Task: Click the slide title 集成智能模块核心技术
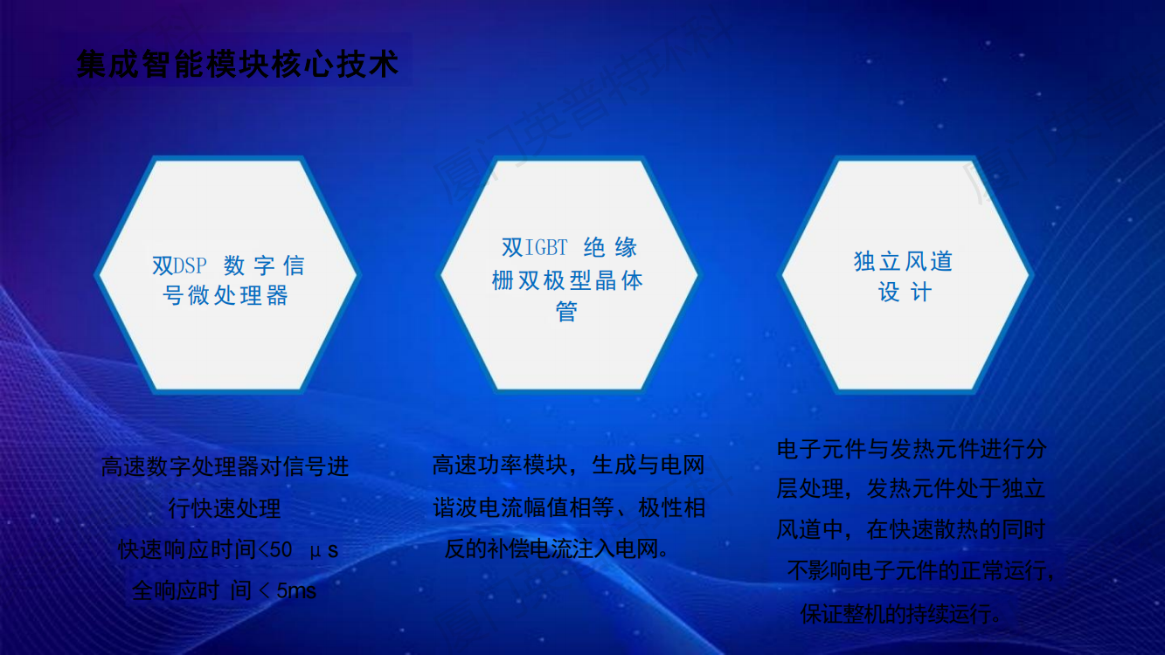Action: click(238, 65)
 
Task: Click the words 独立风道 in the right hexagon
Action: click(903, 261)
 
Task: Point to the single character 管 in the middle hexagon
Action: click(566, 312)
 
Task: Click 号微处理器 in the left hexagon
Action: click(225, 295)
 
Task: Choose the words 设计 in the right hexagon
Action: click(905, 292)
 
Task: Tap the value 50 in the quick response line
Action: click(281, 550)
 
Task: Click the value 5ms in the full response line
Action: click(296, 591)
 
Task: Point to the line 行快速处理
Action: click(225, 508)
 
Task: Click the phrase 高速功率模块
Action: click(499, 465)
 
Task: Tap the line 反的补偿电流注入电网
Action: click(557, 549)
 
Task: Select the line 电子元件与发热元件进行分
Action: click(912, 449)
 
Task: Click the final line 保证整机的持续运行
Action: click(901, 614)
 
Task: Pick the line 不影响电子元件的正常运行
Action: click(920, 571)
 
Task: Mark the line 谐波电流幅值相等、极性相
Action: click(569, 507)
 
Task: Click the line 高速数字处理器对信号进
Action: click(225, 466)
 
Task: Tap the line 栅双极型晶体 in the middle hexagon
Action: click(567, 280)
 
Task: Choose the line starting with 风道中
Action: click(911, 530)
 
